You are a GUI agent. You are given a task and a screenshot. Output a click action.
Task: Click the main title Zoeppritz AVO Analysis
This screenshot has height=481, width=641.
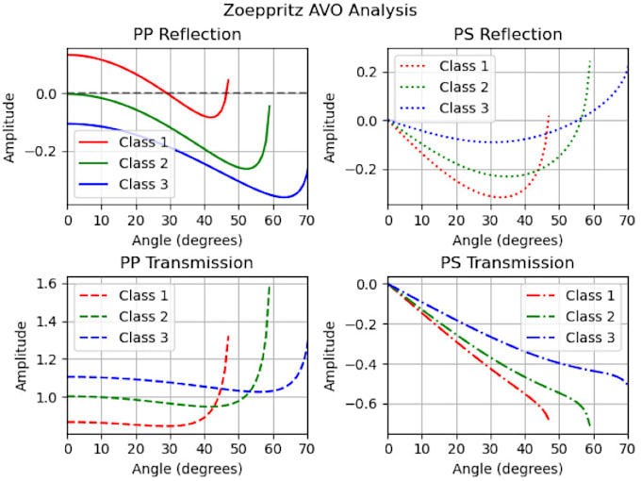[320, 11]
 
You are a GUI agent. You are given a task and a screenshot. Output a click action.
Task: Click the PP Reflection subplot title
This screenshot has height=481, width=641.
[187, 35]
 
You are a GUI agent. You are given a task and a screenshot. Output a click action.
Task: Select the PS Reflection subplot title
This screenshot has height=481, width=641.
[507, 35]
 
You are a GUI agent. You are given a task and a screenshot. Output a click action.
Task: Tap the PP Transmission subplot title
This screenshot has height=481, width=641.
[187, 261]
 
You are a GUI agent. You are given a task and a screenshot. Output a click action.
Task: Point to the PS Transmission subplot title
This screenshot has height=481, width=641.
[507, 261]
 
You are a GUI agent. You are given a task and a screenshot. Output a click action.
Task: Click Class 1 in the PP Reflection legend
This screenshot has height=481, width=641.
[144, 141]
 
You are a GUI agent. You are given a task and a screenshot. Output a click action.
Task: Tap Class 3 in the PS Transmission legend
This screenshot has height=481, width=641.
[591, 338]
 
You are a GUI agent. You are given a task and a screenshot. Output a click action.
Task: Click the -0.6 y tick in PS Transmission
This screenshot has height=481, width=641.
[366, 404]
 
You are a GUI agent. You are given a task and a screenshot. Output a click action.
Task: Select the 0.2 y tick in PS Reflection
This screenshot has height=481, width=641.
[370, 72]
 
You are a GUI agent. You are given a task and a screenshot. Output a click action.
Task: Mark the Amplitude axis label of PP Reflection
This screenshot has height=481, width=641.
[11, 126]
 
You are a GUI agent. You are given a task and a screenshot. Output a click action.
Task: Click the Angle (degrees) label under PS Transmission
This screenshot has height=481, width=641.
[507, 468]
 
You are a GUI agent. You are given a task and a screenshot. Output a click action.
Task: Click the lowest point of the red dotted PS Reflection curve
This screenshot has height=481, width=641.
[497, 197]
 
